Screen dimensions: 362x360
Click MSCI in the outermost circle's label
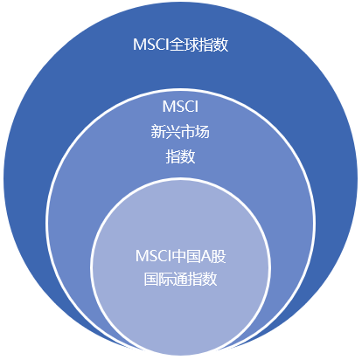151,45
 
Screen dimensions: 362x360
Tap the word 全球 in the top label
184,45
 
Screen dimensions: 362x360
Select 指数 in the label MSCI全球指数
213,45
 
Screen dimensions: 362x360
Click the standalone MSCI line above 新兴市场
180,106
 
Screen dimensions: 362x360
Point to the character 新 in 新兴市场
158,132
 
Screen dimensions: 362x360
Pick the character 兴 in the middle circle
173,132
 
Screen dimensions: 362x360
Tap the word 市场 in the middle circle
195,132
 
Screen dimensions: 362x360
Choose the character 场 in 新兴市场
203,132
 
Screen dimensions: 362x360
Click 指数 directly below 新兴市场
180,156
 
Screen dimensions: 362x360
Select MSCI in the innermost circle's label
154,256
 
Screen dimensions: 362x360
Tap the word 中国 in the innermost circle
186,256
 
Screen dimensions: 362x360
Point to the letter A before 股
206,256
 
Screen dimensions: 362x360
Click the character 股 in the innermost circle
219,256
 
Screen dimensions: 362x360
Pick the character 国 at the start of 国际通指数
151,279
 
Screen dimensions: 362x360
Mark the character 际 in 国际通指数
166,279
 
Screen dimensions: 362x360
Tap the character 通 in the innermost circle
181,279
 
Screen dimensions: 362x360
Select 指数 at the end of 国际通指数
203,279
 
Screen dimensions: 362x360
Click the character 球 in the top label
191,45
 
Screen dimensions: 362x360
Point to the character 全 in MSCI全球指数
177,45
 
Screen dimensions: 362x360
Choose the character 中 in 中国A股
179,256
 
